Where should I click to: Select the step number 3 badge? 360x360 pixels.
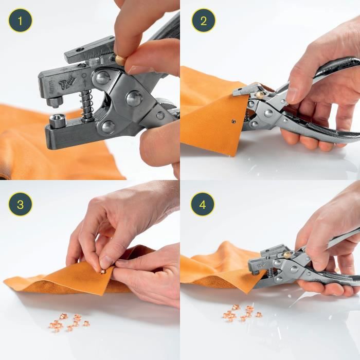20,204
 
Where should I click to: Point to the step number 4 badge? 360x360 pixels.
203,204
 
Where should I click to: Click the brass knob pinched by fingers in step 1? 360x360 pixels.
120,60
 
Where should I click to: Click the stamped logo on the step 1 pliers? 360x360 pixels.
66,82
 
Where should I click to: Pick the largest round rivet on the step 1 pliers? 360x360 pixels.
135,98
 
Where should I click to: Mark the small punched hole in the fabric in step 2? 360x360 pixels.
232,122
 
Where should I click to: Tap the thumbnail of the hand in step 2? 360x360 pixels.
292,95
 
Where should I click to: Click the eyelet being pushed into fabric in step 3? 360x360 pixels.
102,271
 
